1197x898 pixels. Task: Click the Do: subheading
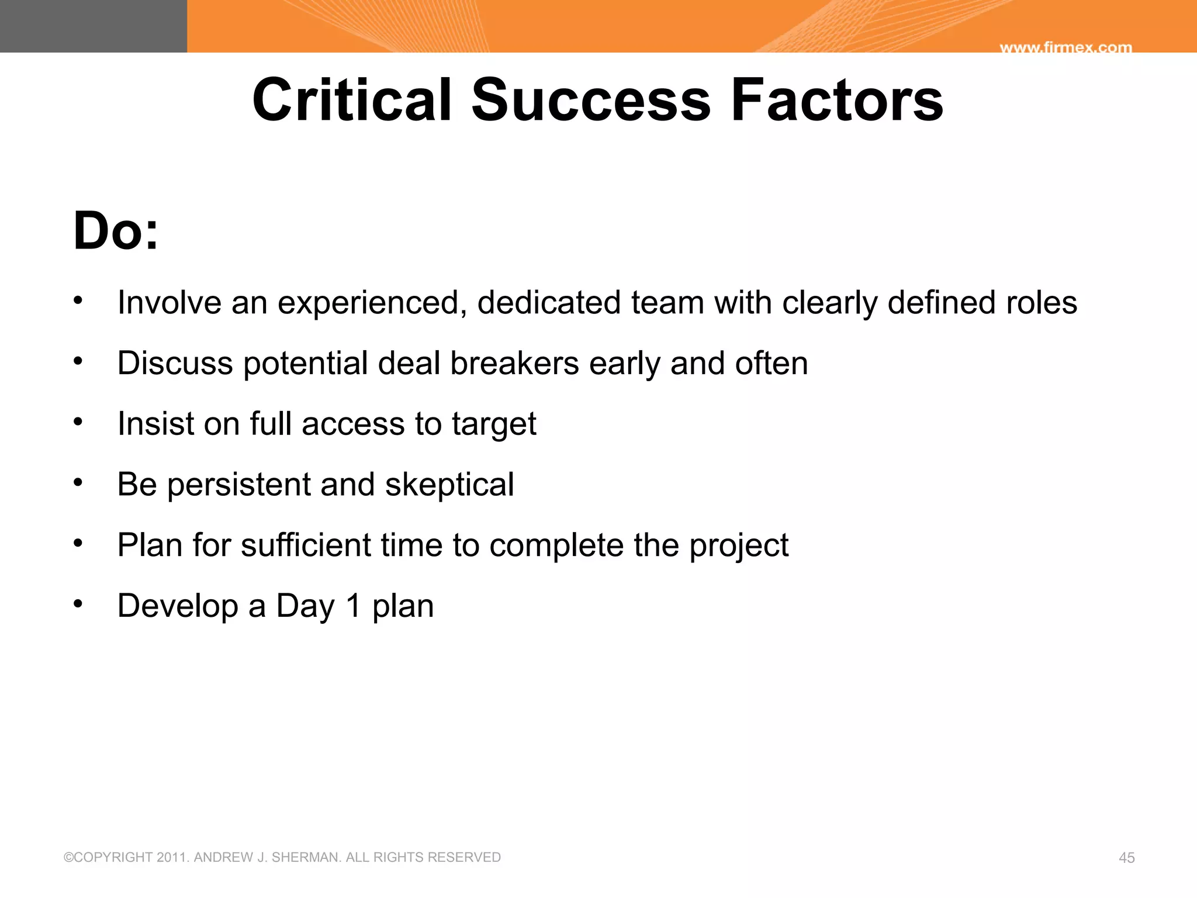coord(116,231)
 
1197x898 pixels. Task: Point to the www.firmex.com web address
coord(1065,47)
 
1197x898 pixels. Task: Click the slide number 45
coord(1126,858)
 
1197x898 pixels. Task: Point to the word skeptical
coord(449,485)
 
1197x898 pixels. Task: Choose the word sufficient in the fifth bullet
coord(306,545)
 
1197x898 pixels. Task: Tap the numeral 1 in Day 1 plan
coord(354,606)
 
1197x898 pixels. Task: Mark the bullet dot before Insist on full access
coord(78,421)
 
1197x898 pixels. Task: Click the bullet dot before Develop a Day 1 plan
coord(78,603)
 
